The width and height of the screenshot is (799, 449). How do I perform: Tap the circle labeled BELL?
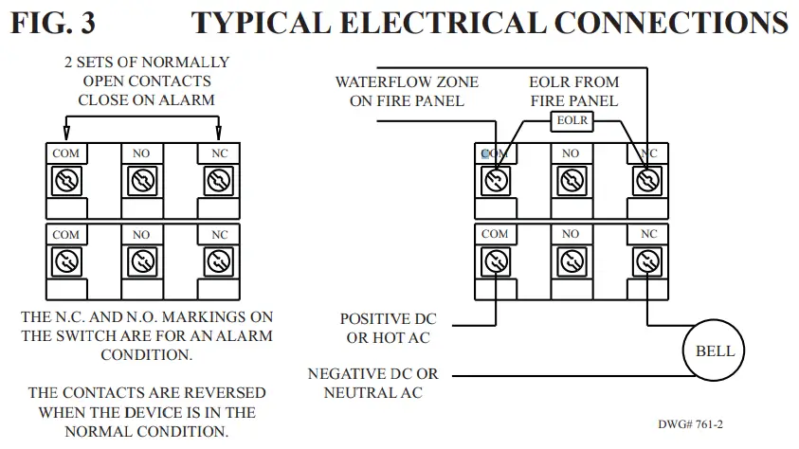[x=715, y=350]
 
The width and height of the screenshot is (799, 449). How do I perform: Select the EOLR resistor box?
[x=572, y=121]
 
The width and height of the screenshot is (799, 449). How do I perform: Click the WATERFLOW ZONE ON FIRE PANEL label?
[x=407, y=91]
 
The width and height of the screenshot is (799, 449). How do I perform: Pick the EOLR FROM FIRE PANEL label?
[x=573, y=91]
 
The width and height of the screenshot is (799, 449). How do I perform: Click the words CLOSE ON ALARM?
[x=146, y=99]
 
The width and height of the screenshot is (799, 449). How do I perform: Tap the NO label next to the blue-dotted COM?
[x=571, y=153]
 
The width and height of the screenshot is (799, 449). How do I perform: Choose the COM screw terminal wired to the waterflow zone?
[x=494, y=179]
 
